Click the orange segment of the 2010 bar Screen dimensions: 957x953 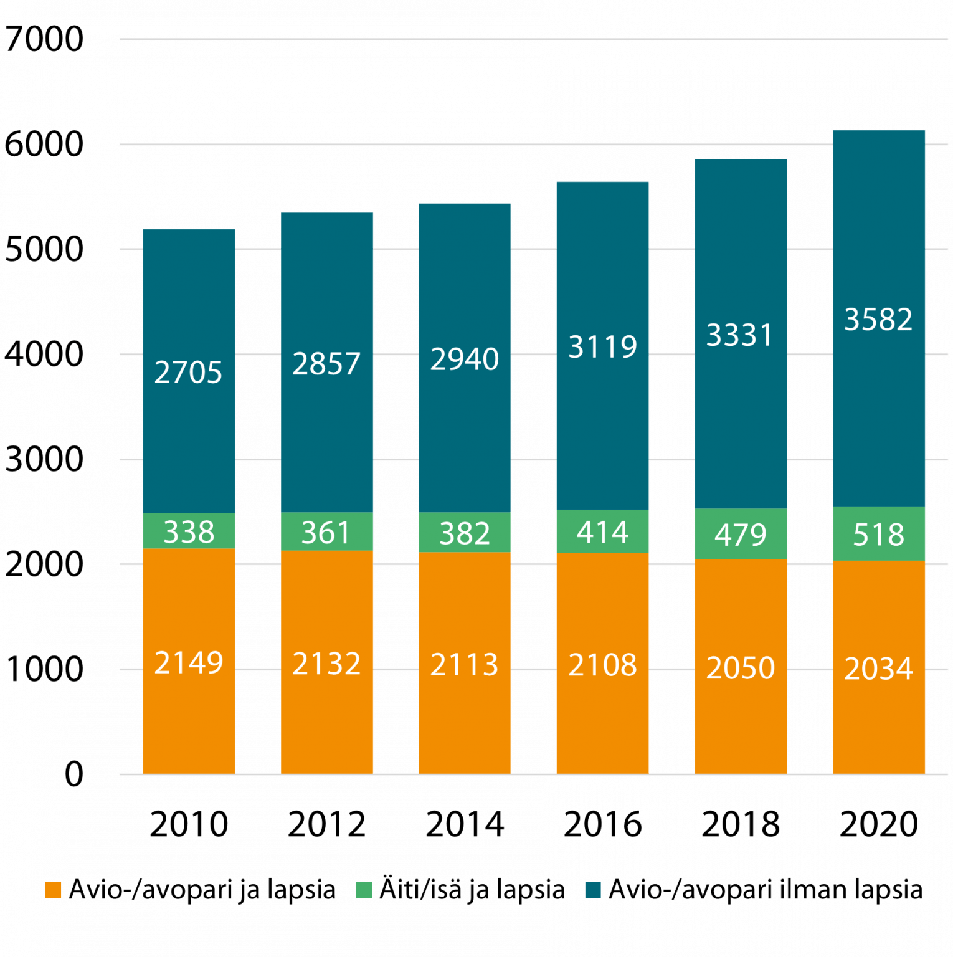(x=189, y=717)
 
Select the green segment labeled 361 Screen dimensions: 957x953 (x=327, y=532)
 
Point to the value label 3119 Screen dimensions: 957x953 (x=602, y=346)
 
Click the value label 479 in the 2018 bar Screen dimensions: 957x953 (x=740, y=535)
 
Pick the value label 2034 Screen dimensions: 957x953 (x=878, y=669)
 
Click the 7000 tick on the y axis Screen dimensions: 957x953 (x=44, y=40)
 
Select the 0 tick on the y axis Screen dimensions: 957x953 (x=73, y=774)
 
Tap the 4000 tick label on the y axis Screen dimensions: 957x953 (x=44, y=355)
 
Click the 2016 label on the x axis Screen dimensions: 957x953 (x=602, y=824)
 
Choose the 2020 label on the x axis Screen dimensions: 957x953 (x=878, y=824)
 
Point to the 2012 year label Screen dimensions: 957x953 (x=327, y=824)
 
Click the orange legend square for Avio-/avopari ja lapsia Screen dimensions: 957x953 (x=54, y=890)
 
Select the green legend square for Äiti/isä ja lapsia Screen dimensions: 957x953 (x=364, y=890)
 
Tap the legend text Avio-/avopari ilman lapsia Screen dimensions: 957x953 (x=765, y=890)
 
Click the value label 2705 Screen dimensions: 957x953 (x=188, y=373)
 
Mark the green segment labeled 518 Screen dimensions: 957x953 (x=878, y=534)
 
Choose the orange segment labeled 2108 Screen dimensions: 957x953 (x=602, y=717)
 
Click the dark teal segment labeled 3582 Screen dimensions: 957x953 (x=878, y=405)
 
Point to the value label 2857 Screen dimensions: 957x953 (x=326, y=364)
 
